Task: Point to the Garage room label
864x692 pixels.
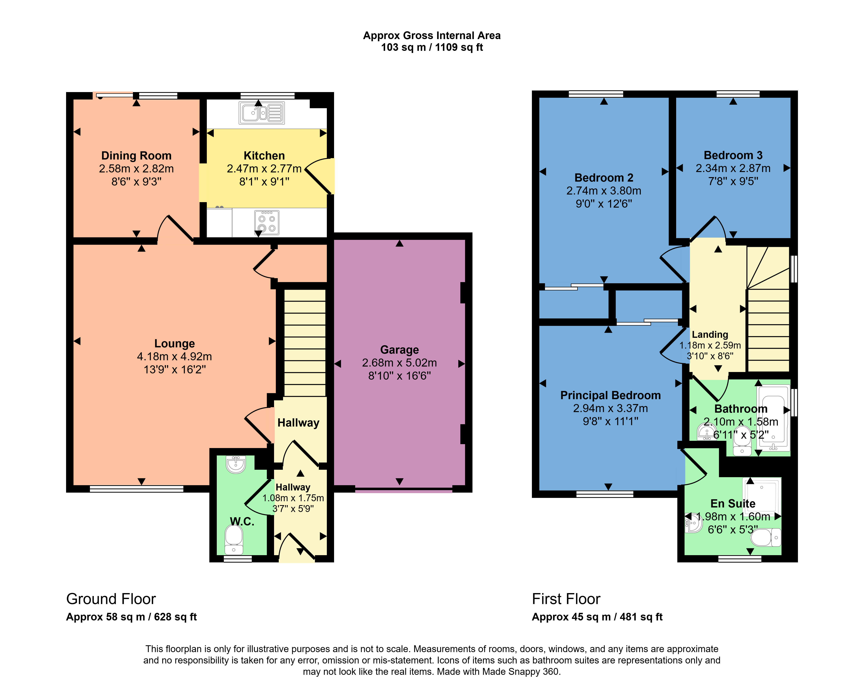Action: click(400, 350)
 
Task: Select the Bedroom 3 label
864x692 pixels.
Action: click(733, 155)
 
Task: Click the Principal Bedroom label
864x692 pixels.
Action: click(610, 395)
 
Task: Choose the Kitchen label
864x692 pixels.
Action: click(264, 155)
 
